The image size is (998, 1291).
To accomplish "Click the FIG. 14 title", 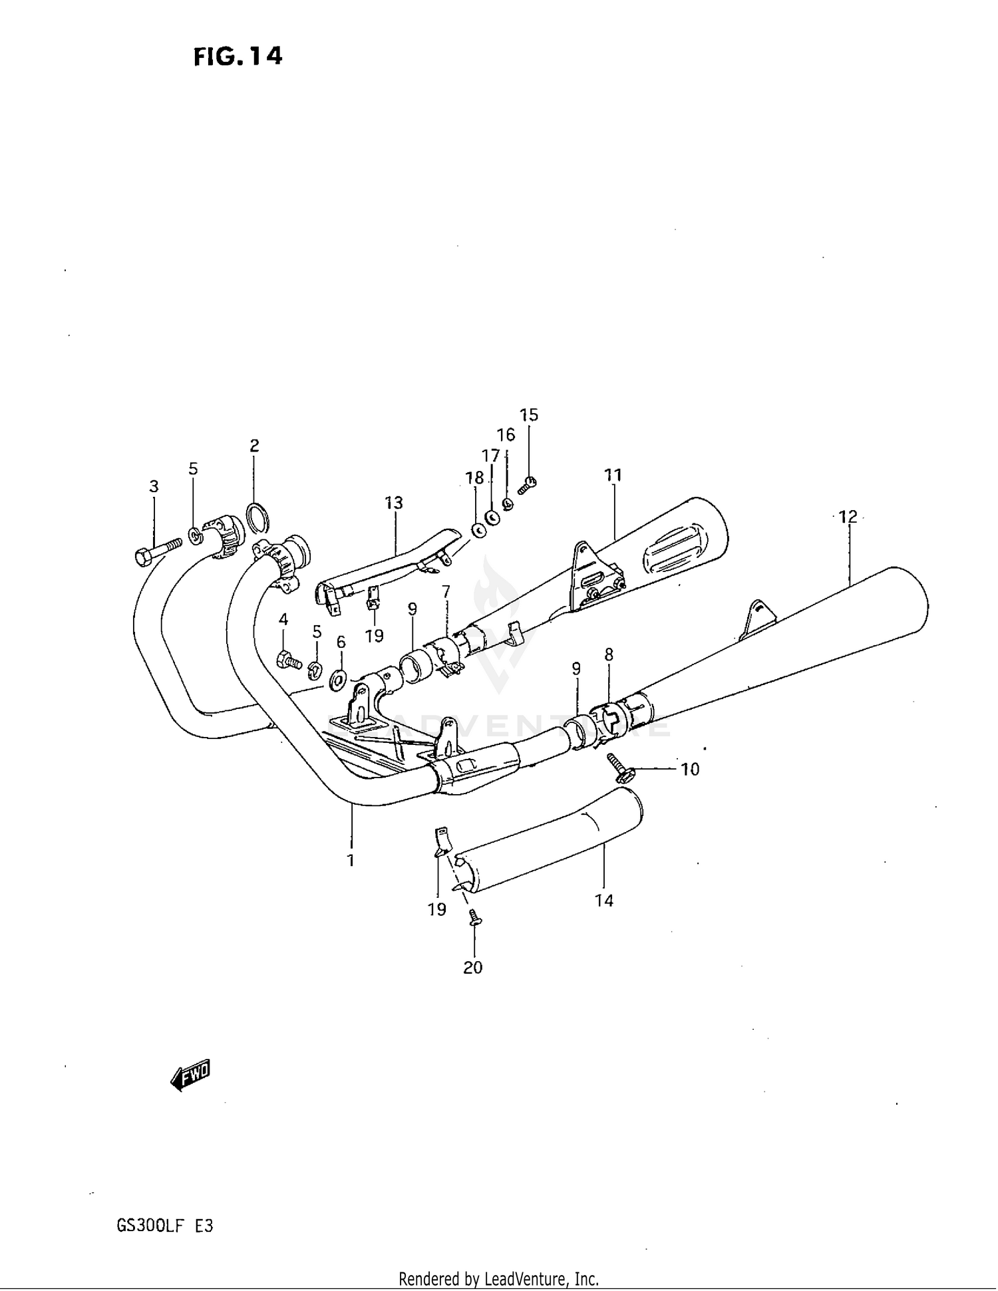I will tap(238, 57).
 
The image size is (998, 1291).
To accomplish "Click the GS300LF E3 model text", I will tap(164, 1225).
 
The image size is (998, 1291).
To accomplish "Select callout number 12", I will tap(848, 517).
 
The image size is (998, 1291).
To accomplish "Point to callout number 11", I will tap(613, 475).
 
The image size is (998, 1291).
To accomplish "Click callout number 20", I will tap(472, 967).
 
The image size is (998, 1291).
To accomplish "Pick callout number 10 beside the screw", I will tap(690, 769).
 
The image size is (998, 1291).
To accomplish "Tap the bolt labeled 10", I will tap(620, 766).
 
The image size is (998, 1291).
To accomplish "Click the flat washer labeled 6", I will tap(338, 679).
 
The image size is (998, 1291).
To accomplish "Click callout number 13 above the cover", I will tap(394, 502).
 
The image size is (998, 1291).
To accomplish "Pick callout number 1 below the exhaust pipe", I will tap(351, 860).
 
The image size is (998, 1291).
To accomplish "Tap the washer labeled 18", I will tap(477, 530).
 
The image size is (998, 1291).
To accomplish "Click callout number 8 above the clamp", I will tap(609, 654).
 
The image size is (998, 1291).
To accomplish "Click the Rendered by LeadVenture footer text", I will tap(498, 1278).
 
